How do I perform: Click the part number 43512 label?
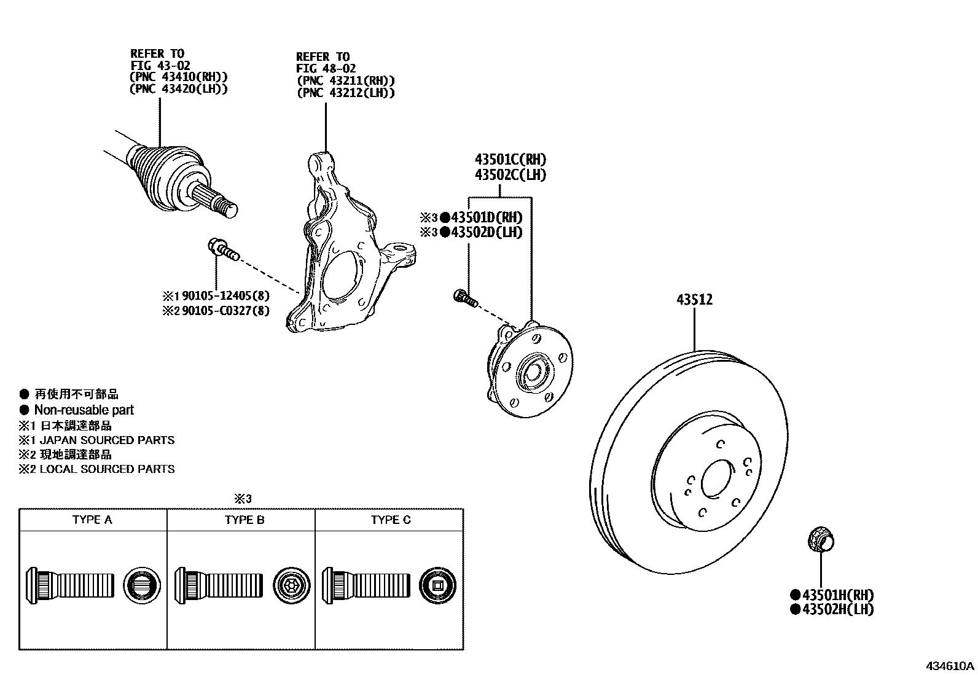click(694, 300)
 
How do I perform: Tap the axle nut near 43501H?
click(820, 540)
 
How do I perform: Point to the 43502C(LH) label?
click(510, 174)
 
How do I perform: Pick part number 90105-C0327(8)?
click(225, 311)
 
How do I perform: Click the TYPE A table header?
click(92, 520)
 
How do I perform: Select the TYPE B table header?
click(244, 520)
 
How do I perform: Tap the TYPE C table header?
click(390, 520)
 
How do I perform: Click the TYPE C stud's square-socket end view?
click(437, 585)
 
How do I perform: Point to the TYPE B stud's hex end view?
click(289, 585)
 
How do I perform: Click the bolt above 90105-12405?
click(222, 249)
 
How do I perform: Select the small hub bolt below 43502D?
click(464, 298)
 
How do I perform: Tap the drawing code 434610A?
click(950, 666)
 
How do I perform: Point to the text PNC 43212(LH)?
click(345, 93)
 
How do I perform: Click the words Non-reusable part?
click(84, 410)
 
